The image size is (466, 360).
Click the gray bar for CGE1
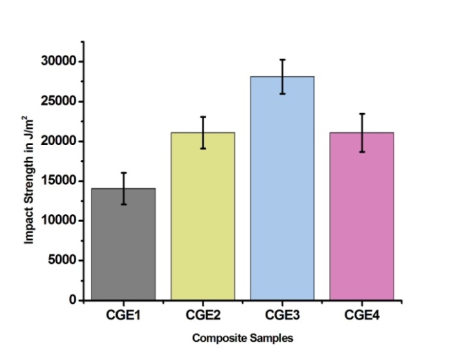tap(123, 245)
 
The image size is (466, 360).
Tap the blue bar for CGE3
tap(282, 189)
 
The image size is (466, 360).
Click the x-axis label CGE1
tap(123, 315)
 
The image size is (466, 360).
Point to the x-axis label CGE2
tap(202, 315)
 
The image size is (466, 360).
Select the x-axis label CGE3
tap(282, 315)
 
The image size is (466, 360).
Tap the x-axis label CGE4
tap(362, 315)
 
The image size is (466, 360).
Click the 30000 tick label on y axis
tap(59, 61)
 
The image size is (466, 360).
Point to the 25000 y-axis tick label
tap(59, 101)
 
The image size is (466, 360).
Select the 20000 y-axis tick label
tap(59, 141)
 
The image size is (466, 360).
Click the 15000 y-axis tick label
tap(59, 181)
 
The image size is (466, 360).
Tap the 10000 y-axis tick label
tap(59, 221)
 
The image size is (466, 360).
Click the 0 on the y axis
tap(73, 301)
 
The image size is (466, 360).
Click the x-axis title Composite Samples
tap(242, 338)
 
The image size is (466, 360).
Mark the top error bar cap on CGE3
tap(282, 59)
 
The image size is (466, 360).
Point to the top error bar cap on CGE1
tap(123, 172)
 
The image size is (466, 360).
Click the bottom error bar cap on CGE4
tap(362, 152)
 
